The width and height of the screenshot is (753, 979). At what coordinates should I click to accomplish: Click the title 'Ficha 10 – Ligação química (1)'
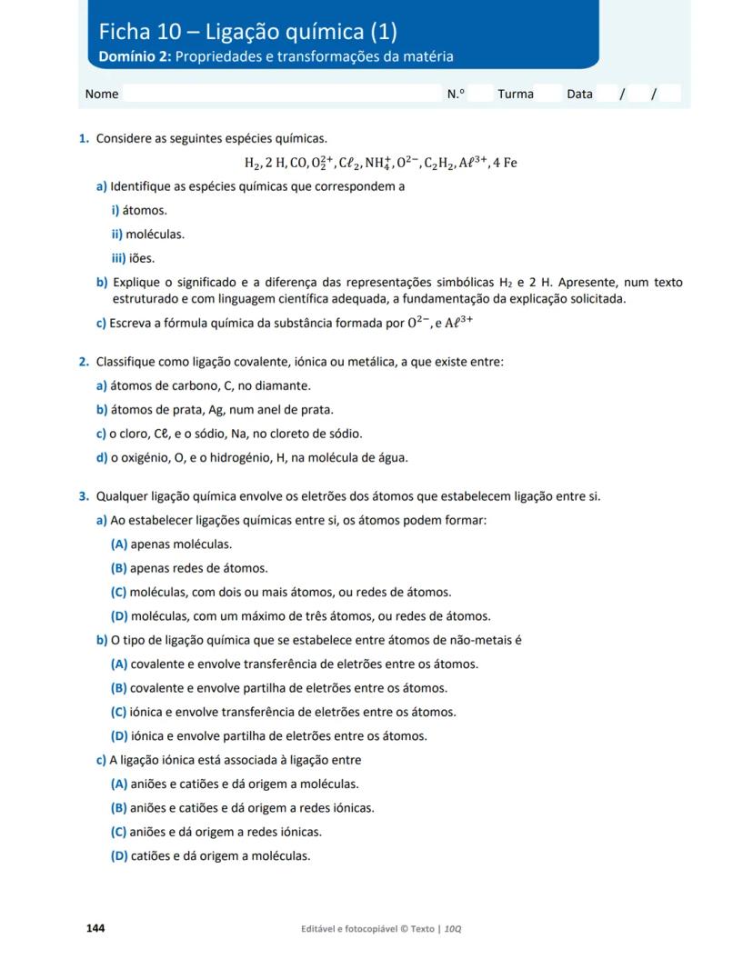248,32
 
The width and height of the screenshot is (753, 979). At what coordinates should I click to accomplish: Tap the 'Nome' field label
102,94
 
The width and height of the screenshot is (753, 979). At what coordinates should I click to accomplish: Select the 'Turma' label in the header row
516,94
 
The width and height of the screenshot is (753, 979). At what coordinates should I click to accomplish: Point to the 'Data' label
579,94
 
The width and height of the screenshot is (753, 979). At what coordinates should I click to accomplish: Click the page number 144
95,928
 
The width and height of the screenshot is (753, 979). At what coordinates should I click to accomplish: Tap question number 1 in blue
84,138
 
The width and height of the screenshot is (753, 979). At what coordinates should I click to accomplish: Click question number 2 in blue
84,363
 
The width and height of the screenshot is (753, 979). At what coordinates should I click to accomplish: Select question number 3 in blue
84,496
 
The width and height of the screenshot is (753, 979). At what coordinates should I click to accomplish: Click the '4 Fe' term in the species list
505,164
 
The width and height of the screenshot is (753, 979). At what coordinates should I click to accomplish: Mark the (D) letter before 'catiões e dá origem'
119,855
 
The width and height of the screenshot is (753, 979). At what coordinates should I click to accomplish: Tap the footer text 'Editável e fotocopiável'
354,929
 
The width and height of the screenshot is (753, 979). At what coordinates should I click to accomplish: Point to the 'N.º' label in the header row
456,94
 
